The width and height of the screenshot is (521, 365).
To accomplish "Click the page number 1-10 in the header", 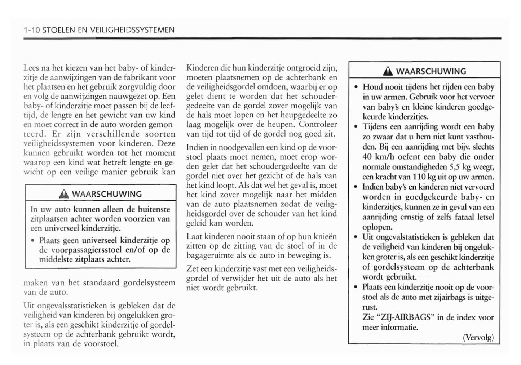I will pos(31,30).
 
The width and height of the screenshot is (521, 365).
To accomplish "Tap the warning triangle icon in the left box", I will pos(66,194).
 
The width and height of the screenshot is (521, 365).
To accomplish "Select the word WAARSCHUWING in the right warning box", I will pos(431,71).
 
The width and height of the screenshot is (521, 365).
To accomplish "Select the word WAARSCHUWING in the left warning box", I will pos(107,194).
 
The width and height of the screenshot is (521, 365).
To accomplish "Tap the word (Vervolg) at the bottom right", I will pos(478,338).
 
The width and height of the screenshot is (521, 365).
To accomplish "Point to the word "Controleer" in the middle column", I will pos(318,124).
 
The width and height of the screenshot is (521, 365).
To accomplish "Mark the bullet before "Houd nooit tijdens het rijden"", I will pos(356,87).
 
